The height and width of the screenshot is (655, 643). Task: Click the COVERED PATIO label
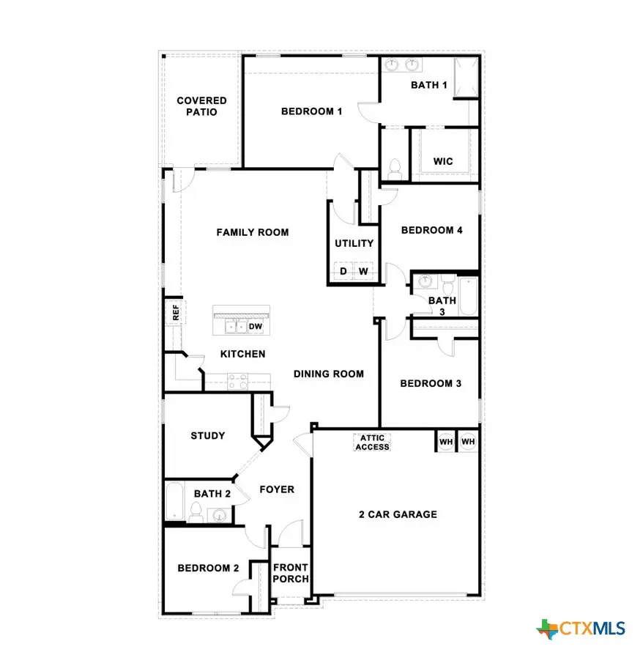201,106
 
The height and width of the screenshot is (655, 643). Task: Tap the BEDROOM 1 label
311,111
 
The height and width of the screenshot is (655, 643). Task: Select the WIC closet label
442,160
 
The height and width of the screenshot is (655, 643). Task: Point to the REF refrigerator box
175,312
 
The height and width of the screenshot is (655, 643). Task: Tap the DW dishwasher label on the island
256,326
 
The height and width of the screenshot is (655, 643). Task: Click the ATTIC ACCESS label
372,442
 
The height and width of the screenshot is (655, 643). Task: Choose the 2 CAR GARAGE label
398,514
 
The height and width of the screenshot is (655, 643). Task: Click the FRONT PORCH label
291,573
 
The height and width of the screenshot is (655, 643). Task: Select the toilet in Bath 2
196,511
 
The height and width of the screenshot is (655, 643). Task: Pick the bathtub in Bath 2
174,503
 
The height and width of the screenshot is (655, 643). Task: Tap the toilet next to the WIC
395,168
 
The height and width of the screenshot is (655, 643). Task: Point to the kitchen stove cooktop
238,380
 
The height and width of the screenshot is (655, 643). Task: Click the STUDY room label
207,435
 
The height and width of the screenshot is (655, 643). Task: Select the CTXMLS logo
581,628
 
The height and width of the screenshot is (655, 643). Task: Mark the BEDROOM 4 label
431,230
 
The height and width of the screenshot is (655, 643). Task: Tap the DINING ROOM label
329,374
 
